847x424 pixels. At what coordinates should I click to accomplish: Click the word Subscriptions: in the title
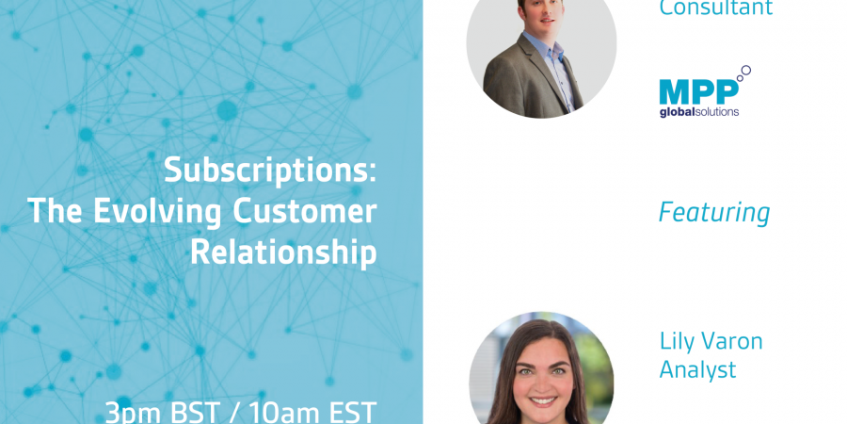pos(270,170)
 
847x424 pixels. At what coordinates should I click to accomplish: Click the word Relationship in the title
pos(283,252)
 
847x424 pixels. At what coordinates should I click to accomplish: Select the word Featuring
pos(714,212)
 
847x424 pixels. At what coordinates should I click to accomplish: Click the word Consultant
pos(716,8)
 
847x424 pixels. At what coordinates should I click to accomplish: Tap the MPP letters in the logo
pos(698,92)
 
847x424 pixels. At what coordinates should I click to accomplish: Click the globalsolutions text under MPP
pos(699,112)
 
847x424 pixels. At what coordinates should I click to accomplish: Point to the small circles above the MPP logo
pos(743,73)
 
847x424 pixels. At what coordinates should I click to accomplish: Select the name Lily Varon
pos(711,342)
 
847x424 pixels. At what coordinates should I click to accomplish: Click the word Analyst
pos(697,370)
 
